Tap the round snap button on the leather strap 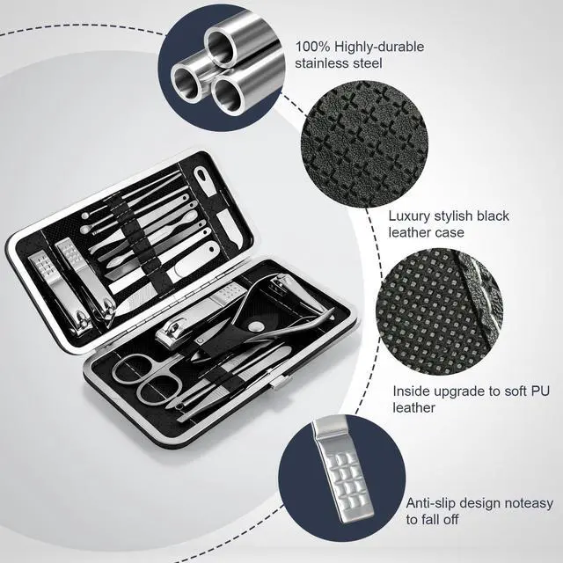coord(256,326)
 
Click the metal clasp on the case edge coord(279,382)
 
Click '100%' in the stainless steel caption coord(312,47)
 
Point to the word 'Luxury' coord(408,216)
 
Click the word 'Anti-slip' coord(430,503)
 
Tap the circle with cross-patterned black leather coord(364,143)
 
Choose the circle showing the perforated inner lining coord(440,311)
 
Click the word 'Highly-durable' coord(379,47)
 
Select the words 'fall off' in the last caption coord(440,519)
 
